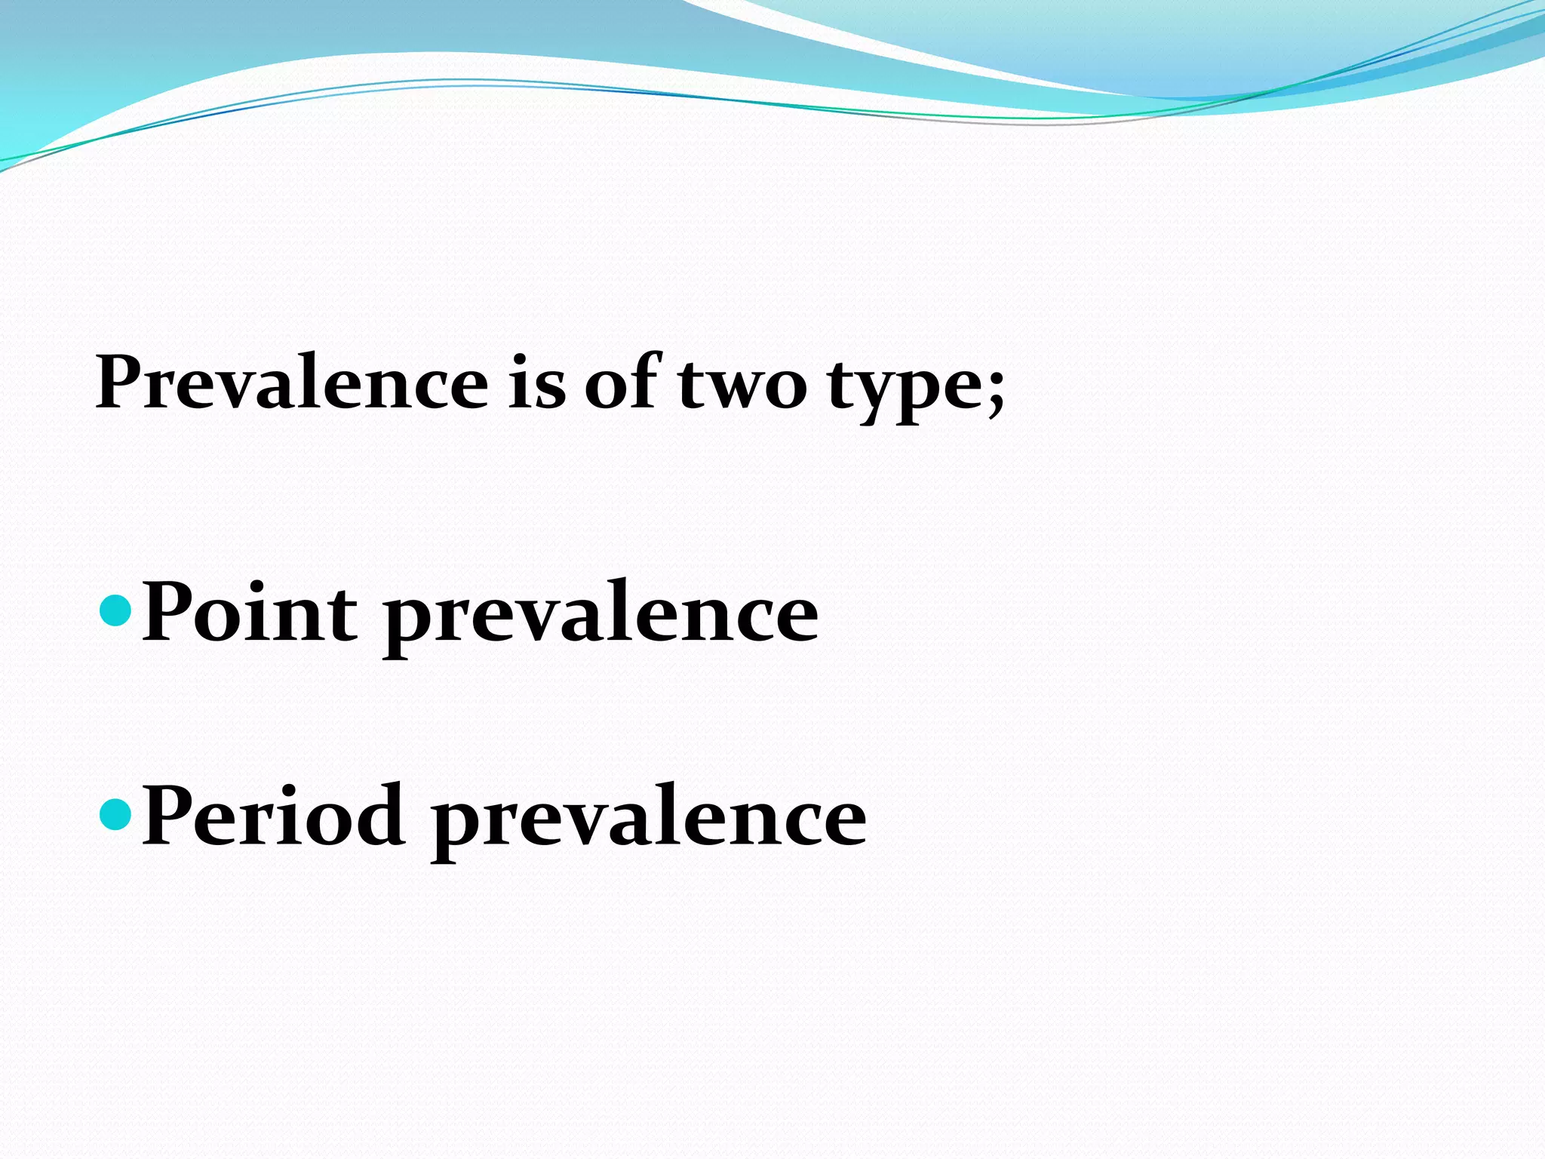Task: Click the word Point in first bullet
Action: [x=250, y=613]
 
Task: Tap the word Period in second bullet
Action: [x=274, y=816]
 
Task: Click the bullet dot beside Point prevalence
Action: [x=115, y=610]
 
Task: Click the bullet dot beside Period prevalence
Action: [x=115, y=814]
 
